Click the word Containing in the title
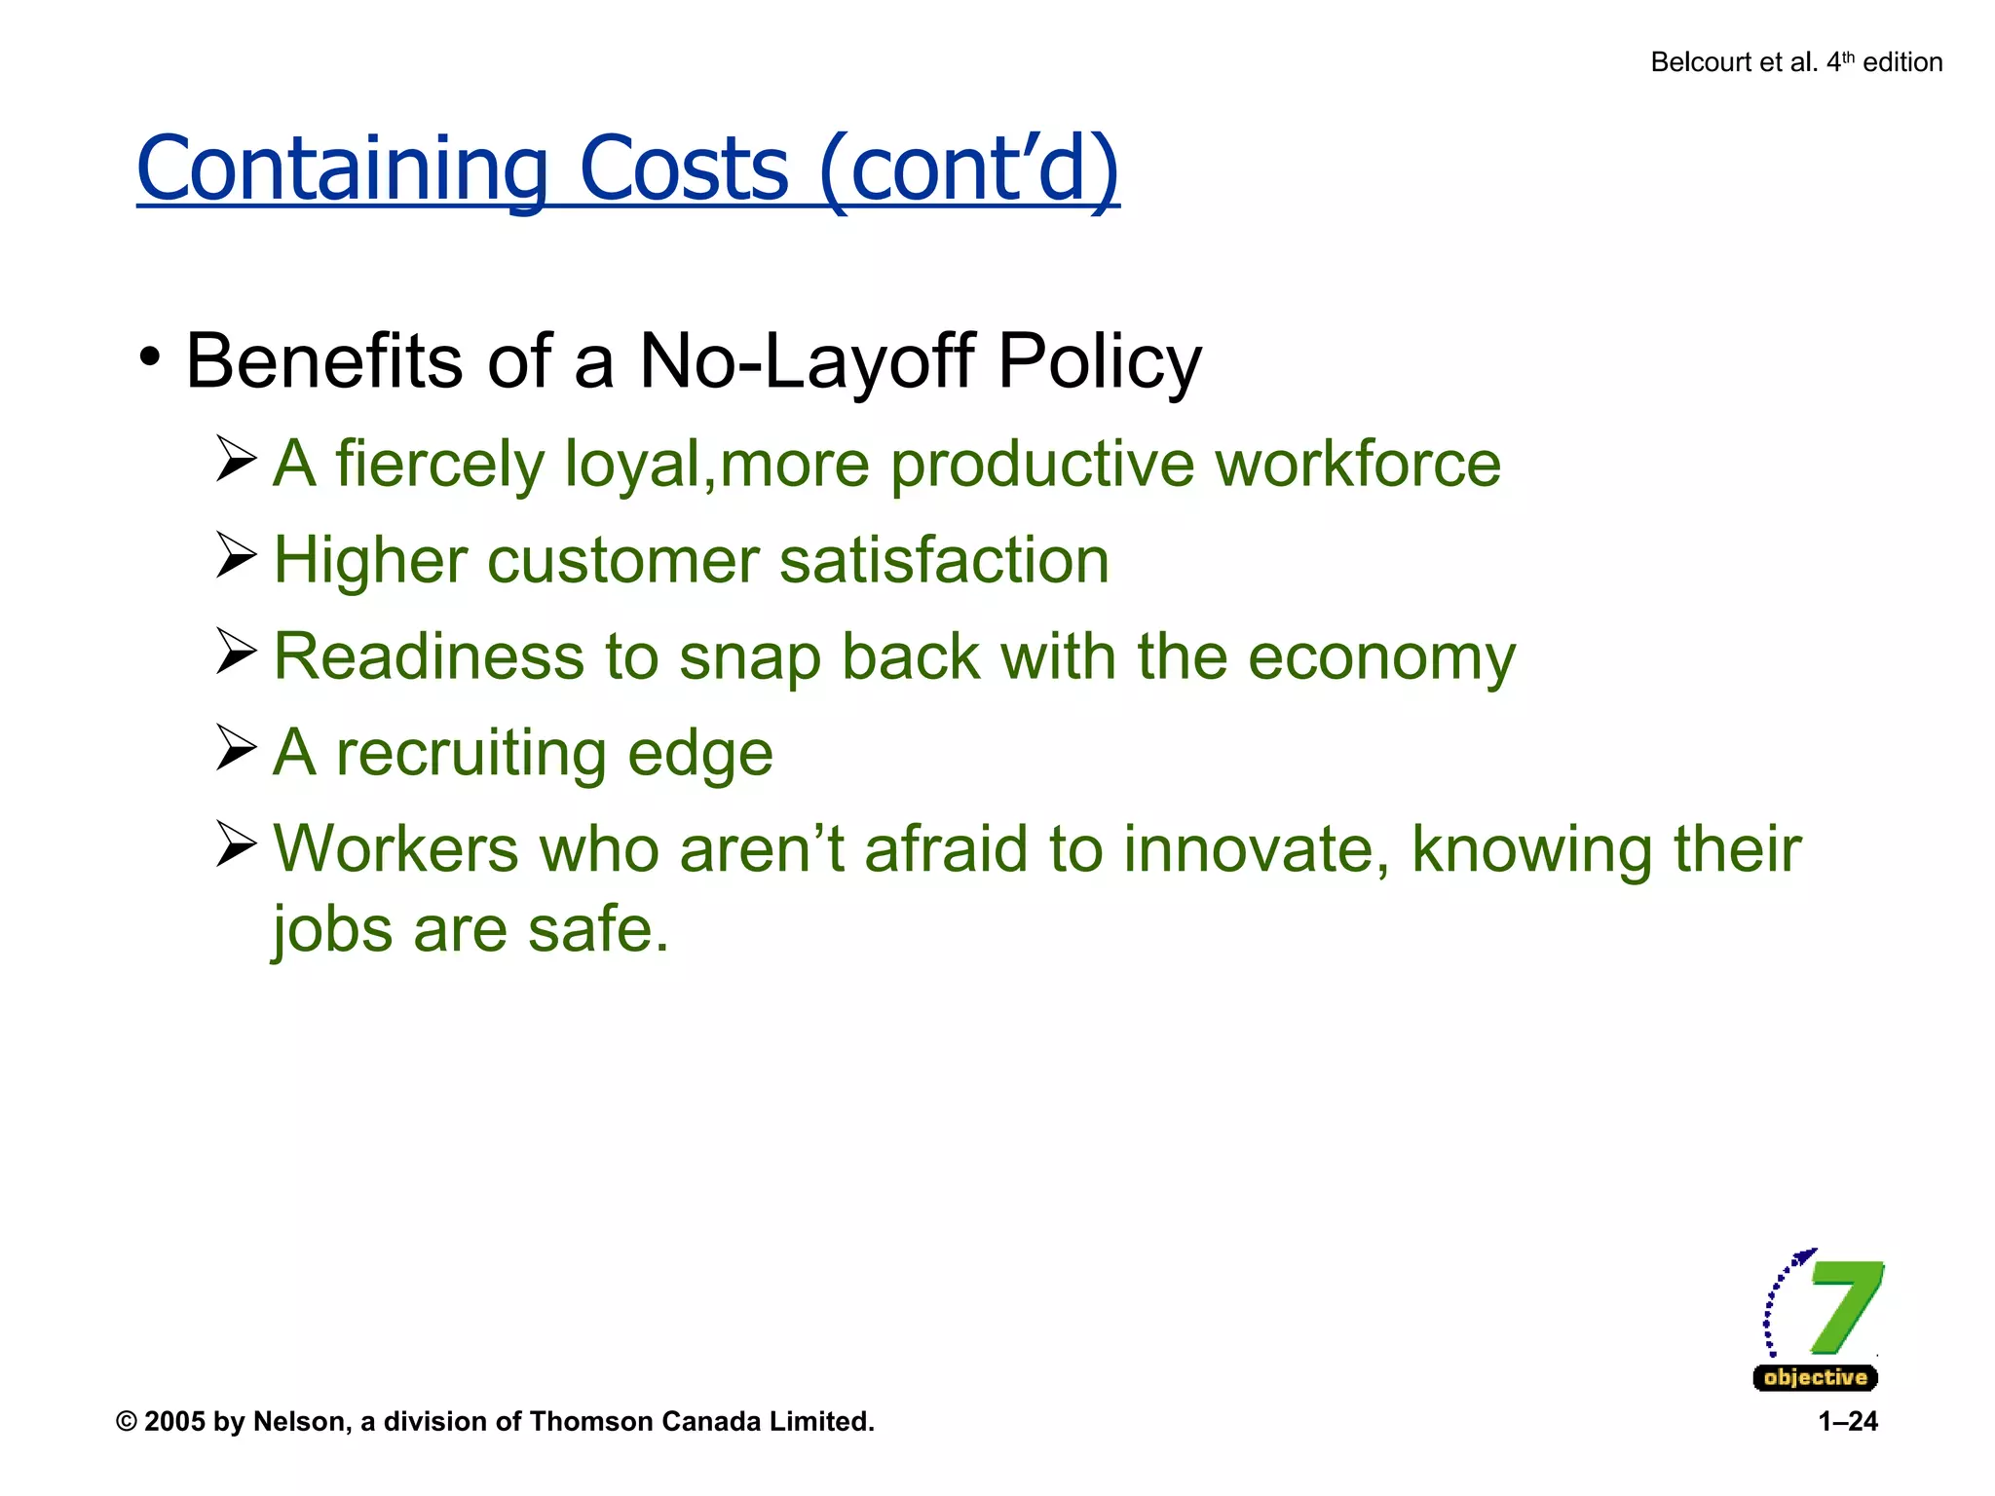pos(342,169)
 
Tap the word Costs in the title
pos(684,169)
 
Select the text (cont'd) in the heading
pos(969,169)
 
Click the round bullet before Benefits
pos(149,357)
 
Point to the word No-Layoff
pos(807,361)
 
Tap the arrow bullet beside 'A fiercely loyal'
pos(236,459)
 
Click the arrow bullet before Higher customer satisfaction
pos(236,555)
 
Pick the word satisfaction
pos(944,560)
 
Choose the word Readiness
pos(429,656)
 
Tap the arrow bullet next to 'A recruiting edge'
pos(236,748)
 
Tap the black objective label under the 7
pos(1815,1377)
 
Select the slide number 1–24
pos(1847,1422)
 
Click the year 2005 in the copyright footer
pos(174,1422)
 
